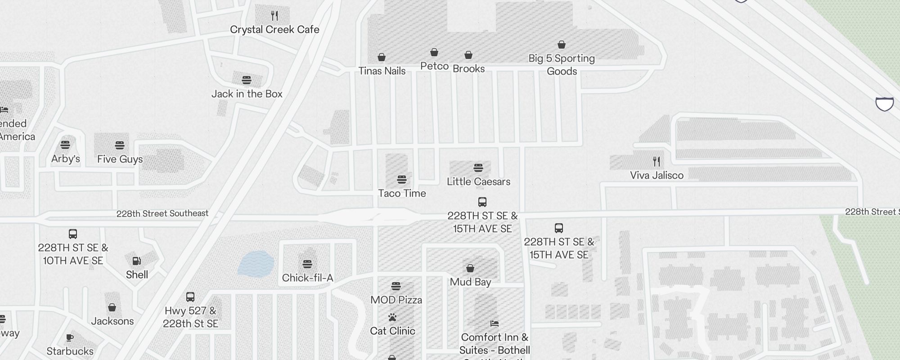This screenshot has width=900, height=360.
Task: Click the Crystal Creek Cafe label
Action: pyautogui.click(x=274, y=30)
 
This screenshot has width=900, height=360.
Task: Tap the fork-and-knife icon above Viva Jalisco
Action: pyautogui.click(x=657, y=161)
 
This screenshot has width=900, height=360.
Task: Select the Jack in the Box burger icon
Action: pyautogui.click(x=247, y=80)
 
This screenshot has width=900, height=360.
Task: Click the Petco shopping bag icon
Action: pyautogui.click(x=434, y=52)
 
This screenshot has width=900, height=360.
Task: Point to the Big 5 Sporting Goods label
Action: pyautogui.click(x=562, y=65)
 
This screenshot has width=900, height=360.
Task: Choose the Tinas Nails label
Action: pyautogui.click(x=382, y=71)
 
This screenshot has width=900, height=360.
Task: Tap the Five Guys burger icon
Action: pyautogui.click(x=119, y=145)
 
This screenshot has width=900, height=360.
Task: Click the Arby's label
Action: pyautogui.click(x=66, y=159)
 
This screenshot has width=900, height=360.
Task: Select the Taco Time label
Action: pyautogui.click(x=402, y=193)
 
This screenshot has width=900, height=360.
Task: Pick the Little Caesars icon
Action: pyautogui.click(x=478, y=168)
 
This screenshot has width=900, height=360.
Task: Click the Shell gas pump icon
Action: pyautogui.click(x=137, y=261)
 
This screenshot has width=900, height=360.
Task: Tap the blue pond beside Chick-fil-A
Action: pyautogui.click(x=255, y=264)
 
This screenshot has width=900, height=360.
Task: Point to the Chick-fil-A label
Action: pyautogui.click(x=307, y=278)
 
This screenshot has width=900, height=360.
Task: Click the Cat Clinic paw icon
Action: pyautogui.click(x=392, y=317)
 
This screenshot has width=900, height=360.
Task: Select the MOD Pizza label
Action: pyautogui.click(x=396, y=300)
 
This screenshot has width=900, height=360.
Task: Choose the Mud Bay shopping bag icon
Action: pyautogui.click(x=470, y=268)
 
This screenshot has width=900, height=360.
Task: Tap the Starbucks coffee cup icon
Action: pyautogui.click(x=70, y=337)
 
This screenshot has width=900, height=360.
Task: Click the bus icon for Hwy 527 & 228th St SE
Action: pyautogui.click(x=190, y=297)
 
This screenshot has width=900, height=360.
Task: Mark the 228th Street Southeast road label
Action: pyautogui.click(x=162, y=213)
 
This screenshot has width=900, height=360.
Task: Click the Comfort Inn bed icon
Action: pyautogui.click(x=495, y=324)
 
